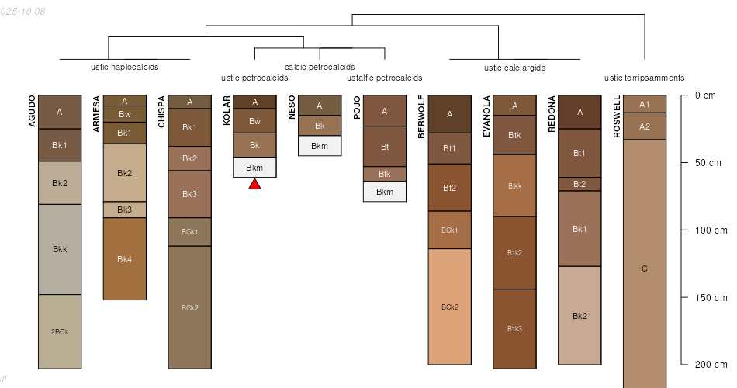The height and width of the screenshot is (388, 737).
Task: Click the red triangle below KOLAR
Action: [254, 185]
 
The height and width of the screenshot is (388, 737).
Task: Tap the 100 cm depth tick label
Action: [711, 230]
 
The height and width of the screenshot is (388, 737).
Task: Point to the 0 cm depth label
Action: [705, 95]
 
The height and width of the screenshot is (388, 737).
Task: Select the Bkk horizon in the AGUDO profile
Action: [60, 249]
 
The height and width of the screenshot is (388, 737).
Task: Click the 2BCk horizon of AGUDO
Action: [60, 331]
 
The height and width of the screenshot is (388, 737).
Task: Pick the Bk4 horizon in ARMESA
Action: [125, 259]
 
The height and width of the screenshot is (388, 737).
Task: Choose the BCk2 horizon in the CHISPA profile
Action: [190, 307]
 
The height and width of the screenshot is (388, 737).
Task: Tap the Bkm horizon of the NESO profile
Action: [320, 146]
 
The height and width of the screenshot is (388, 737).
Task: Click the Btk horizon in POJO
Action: [385, 174]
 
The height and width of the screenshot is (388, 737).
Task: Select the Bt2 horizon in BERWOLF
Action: [450, 188]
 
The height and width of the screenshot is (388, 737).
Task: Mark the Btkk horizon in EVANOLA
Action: [515, 185]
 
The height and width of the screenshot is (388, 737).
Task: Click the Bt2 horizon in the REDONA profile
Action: [580, 184]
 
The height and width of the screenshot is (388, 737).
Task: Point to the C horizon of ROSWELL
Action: [645, 268]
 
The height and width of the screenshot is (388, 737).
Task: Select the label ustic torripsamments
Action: [644, 78]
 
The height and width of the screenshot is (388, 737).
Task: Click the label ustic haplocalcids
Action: [125, 67]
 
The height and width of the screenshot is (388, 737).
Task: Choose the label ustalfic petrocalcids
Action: [385, 78]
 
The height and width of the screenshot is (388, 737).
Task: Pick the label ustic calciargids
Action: [515, 68]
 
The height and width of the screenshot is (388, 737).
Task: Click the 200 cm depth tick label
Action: [711, 365]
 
